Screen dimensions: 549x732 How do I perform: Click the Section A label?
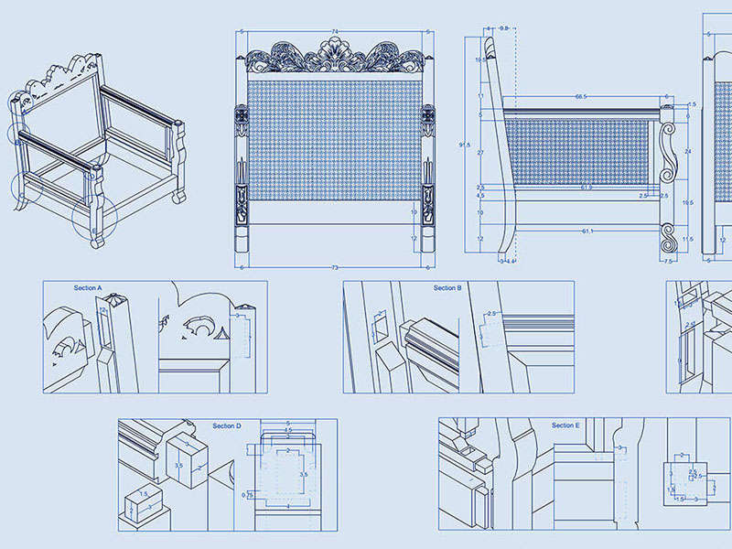click(x=88, y=288)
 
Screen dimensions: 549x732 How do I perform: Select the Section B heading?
click(x=447, y=288)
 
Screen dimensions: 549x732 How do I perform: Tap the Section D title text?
click(x=227, y=426)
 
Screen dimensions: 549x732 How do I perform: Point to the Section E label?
click(x=565, y=425)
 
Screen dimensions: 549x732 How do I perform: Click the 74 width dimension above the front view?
click(x=335, y=32)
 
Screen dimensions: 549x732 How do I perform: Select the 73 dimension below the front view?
click(x=335, y=268)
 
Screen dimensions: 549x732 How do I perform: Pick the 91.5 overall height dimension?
click(x=465, y=145)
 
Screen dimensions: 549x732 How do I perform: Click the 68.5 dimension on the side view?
click(x=580, y=96)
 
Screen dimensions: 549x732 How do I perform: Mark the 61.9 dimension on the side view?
click(x=586, y=188)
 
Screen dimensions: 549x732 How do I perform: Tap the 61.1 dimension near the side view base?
click(x=586, y=231)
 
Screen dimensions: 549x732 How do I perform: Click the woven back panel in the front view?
click(x=334, y=137)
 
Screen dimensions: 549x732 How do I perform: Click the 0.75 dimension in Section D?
click(x=248, y=495)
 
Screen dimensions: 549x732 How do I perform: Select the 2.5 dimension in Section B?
click(x=490, y=314)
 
